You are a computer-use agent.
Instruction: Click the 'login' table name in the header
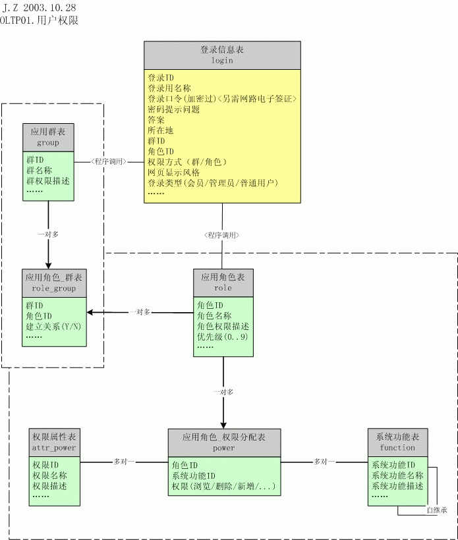pyautogui.click(x=222, y=60)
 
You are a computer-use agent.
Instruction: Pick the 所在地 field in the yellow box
pyautogui.click(x=160, y=130)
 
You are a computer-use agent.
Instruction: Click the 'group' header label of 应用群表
pyautogui.click(x=48, y=142)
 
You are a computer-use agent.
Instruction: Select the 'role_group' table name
pyautogui.click(x=53, y=288)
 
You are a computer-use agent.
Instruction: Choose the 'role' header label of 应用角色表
pyautogui.click(x=223, y=288)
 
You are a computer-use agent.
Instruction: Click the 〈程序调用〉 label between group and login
pyautogui.click(x=109, y=161)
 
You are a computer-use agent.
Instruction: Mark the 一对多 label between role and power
pyautogui.click(x=223, y=392)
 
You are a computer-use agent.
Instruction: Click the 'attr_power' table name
pyautogui.click(x=53, y=447)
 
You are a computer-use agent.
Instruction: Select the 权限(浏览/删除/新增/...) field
pyautogui.click(x=223, y=487)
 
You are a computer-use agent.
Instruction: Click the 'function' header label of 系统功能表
pyautogui.click(x=397, y=447)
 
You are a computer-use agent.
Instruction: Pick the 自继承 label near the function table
pyautogui.click(x=436, y=510)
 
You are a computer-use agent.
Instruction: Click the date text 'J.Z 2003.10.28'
pyautogui.click(x=40, y=7)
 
